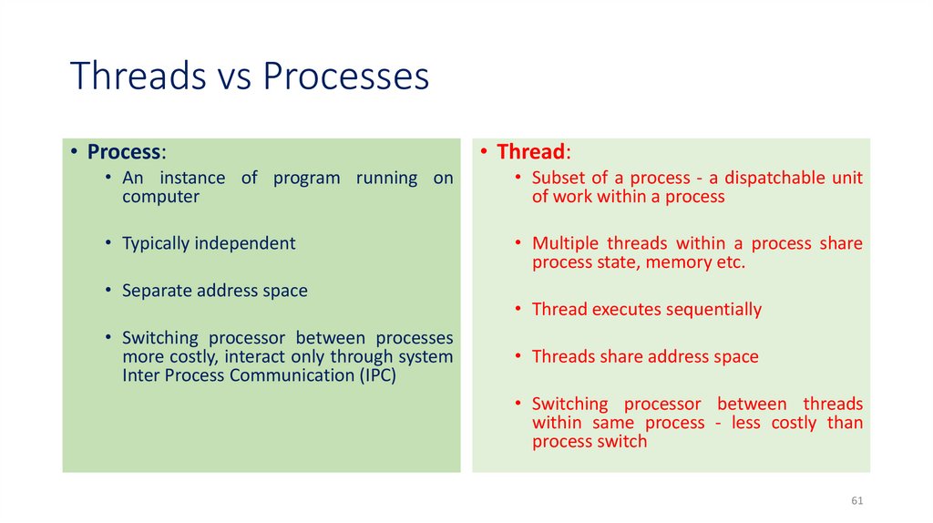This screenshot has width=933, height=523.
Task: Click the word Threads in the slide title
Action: click(138, 77)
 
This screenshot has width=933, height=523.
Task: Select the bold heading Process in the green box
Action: click(125, 151)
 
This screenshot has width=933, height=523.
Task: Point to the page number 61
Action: click(856, 502)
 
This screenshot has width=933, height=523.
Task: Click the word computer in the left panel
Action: click(160, 197)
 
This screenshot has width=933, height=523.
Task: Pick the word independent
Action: click(246, 243)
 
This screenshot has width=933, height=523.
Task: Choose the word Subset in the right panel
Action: click(559, 178)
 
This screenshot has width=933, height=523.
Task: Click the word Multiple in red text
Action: click(566, 243)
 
